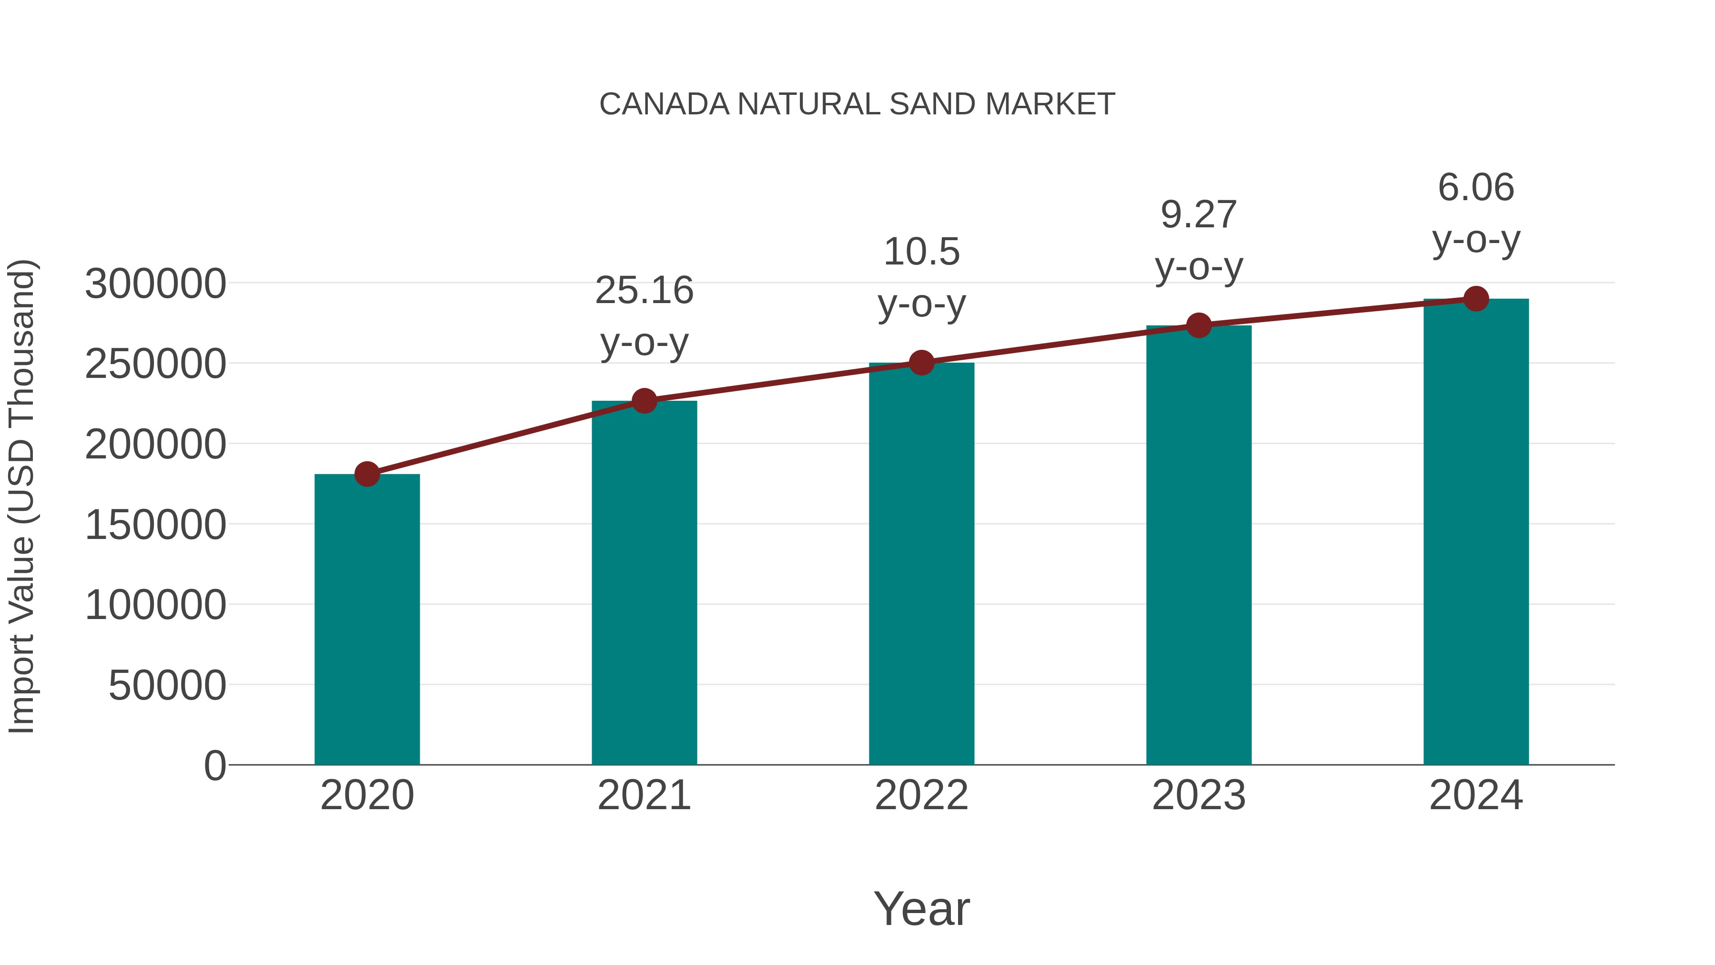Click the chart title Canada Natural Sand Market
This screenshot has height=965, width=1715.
pyautogui.click(x=857, y=104)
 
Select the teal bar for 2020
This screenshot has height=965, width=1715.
pyautogui.click(x=367, y=620)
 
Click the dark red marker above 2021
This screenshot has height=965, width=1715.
pyautogui.click(x=644, y=401)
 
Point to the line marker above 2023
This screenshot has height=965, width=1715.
pyautogui.click(x=1199, y=325)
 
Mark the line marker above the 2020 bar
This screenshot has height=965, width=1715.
pyautogui.click(x=367, y=474)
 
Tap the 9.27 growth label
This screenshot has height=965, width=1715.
pyautogui.click(x=1199, y=241)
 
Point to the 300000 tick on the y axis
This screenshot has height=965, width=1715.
pyautogui.click(x=155, y=284)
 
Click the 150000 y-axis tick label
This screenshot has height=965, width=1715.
pyautogui.click(x=155, y=526)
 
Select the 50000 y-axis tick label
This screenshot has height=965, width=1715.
pyautogui.click(x=167, y=686)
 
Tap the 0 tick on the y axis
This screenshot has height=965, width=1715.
pyautogui.click(x=214, y=766)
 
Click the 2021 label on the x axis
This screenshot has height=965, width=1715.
pyautogui.click(x=644, y=796)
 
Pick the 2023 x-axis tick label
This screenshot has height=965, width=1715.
pyautogui.click(x=1199, y=796)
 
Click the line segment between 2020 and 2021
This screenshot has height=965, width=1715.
pyautogui.click(x=506, y=437)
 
